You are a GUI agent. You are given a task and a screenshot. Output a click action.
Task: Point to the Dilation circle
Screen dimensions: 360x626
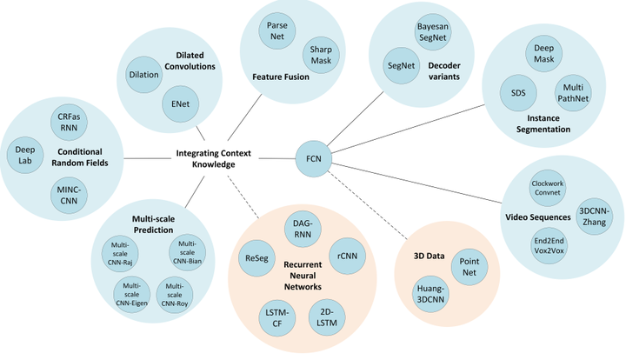143,75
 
